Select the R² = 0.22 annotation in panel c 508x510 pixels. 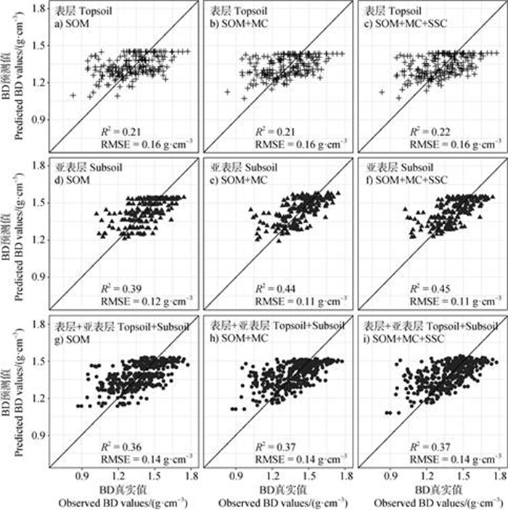[x=430, y=132]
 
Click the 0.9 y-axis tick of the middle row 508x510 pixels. [x=36, y=277]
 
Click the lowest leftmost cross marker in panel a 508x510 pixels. [x=73, y=94]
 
